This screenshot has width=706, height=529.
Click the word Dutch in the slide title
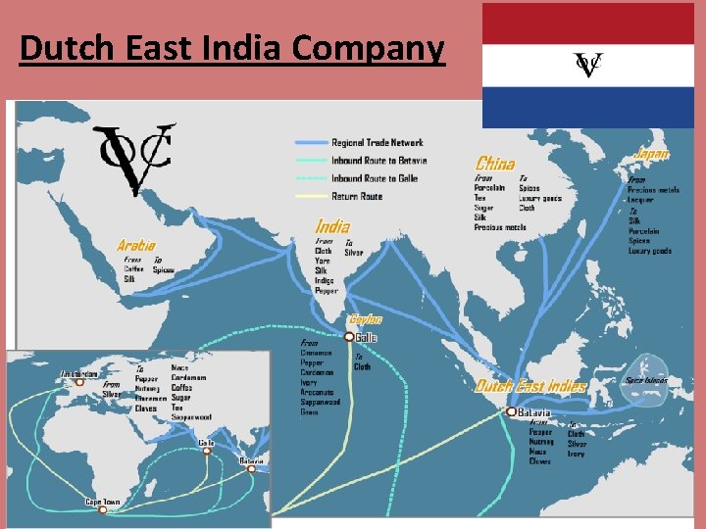pos(61,48)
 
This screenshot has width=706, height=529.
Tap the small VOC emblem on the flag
pos(587,65)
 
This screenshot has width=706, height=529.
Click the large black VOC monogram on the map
pos(135,158)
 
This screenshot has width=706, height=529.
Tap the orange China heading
pos(495,164)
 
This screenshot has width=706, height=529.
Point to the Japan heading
pos(652,154)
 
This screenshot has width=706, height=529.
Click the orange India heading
pos(332,226)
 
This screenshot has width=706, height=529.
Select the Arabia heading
pos(136,245)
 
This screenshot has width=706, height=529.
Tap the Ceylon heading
pos(365,319)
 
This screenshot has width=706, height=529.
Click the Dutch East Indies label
pos(530,386)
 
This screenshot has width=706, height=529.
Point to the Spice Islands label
pos(646,380)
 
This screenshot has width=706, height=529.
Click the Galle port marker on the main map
pos(349,336)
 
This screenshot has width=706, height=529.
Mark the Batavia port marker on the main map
pos(511,412)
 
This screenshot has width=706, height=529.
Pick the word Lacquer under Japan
pos(643,200)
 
